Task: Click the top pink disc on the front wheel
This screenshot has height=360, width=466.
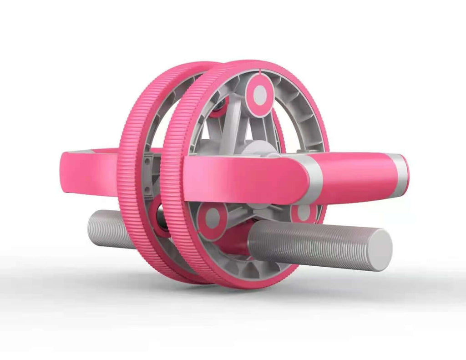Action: tap(260, 95)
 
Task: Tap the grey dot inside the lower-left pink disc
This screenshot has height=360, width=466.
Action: tap(212, 219)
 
